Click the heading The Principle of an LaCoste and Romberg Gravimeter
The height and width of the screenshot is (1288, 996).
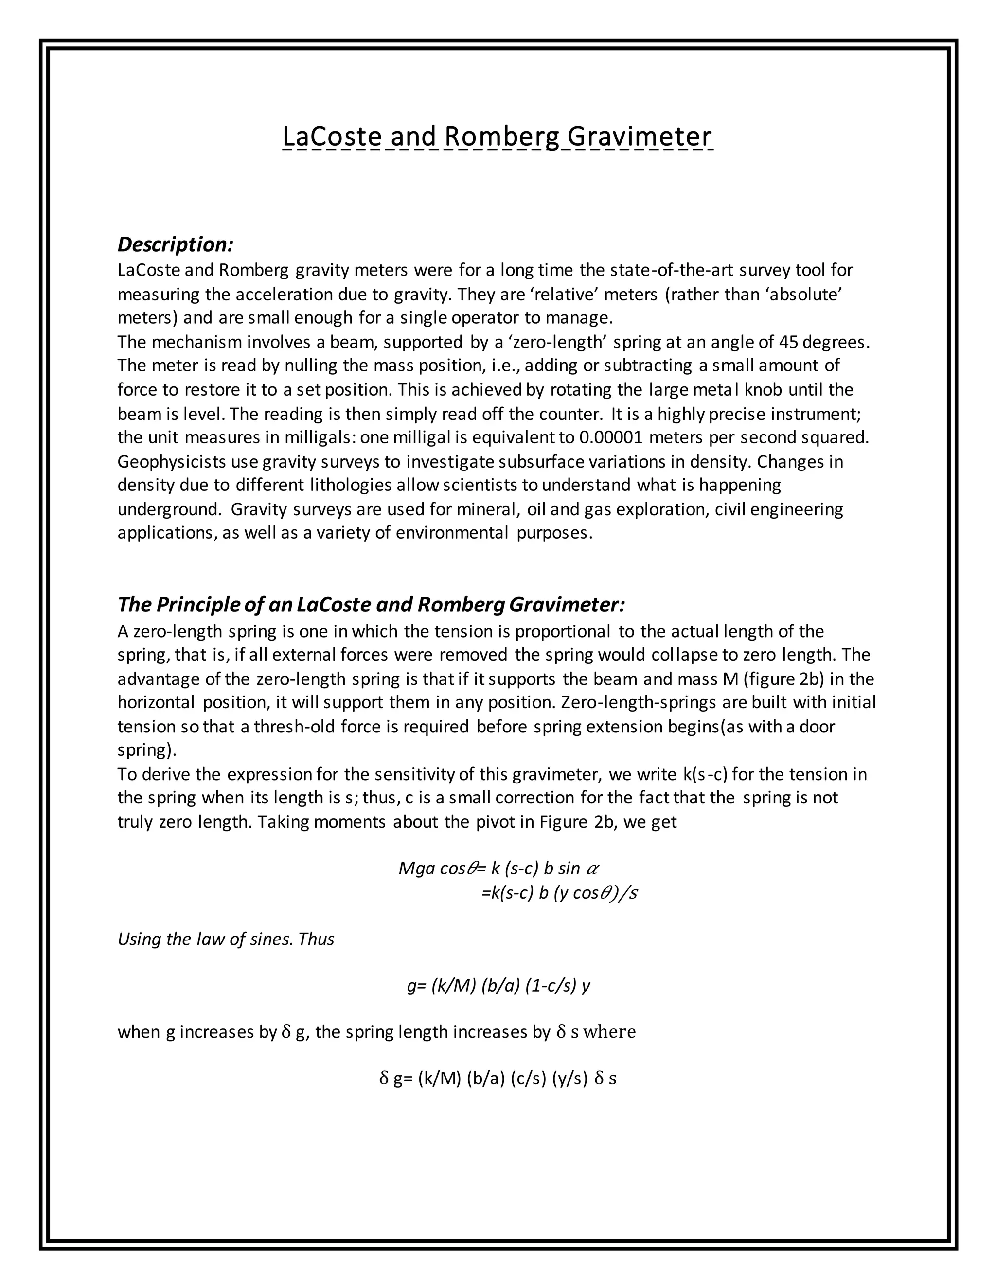(x=371, y=605)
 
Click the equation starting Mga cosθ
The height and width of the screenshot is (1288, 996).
(x=498, y=868)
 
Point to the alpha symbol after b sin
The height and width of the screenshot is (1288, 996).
(x=592, y=869)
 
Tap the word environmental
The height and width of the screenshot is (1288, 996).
(x=451, y=533)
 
